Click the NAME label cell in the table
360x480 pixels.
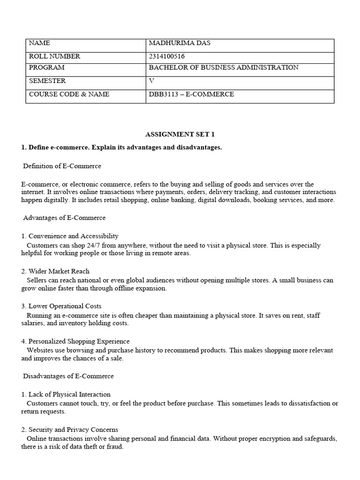click(x=39, y=43)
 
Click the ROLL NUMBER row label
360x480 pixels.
click(x=54, y=56)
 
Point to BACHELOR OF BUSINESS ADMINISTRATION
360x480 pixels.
click(x=223, y=67)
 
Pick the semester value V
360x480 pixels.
click(x=151, y=81)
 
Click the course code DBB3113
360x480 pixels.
click(x=162, y=94)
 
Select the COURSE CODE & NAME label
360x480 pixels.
click(x=69, y=94)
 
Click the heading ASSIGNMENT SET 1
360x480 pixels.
click(x=180, y=135)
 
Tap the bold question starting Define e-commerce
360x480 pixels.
click(x=121, y=148)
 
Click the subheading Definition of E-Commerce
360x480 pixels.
click(x=62, y=166)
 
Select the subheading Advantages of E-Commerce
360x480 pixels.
click(x=64, y=218)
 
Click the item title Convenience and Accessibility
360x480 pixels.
click(x=73, y=236)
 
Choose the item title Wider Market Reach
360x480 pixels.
click(x=59, y=271)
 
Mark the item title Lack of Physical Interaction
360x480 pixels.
click(x=69, y=394)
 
